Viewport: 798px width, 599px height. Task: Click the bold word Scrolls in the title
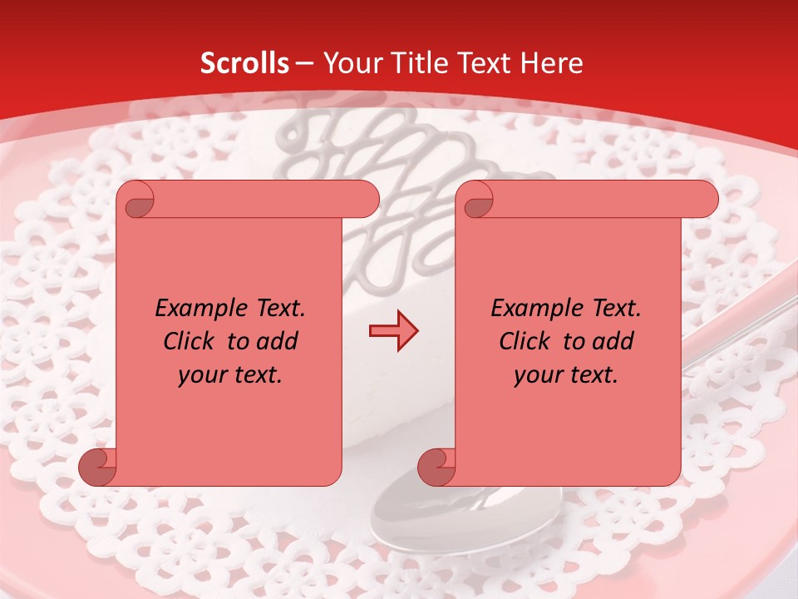pyautogui.click(x=245, y=63)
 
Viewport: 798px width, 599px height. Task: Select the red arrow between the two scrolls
pyautogui.click(x=393, y=331)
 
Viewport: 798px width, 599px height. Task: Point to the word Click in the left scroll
pyautogui.click(x=193, y=341)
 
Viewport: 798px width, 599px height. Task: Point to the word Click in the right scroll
pyautogui.click(x=529, y=341)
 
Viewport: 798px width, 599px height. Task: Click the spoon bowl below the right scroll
pyautogui.click(x=416, y=516)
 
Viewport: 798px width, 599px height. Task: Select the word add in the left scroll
pyautogui.click(x=278, y=341)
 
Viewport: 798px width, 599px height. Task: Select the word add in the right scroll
pyautogui.click(x=613, y=341)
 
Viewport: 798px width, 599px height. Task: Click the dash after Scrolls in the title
pyautogui.click(x=305, y=63)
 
